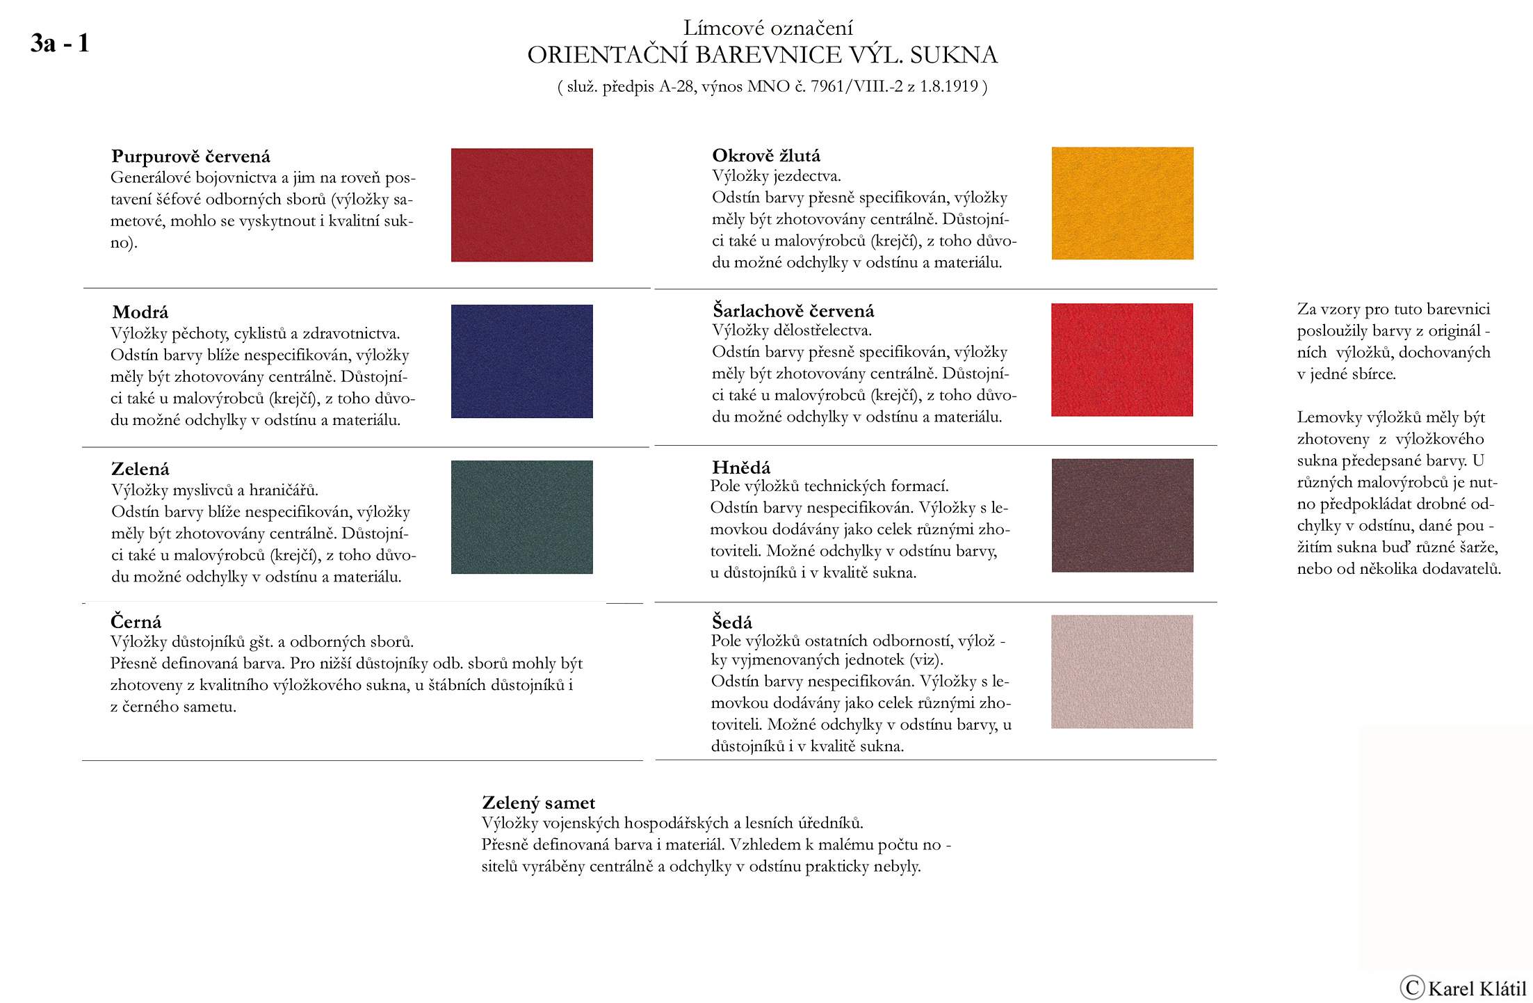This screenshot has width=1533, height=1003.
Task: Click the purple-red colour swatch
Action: coord(521,204)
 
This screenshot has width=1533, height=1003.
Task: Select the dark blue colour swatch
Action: coord(521,361)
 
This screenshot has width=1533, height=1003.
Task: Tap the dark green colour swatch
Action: coord(521,517)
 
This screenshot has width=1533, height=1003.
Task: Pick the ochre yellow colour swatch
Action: coord(1122,203)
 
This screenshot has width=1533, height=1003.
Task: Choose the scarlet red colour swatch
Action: coord(1121,360)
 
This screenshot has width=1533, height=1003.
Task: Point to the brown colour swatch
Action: coord(1122,515)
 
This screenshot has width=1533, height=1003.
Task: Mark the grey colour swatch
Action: coord(1121,671)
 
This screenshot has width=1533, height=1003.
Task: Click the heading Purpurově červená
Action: coord(190,157)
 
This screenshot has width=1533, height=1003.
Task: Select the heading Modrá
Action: coord(140,312)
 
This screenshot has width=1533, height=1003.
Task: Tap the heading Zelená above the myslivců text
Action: coord(140,469)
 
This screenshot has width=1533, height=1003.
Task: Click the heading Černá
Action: coord(136,622)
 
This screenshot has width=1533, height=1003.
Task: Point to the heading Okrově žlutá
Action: coord(766,156)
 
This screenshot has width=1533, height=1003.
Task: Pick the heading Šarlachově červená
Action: coord(793,311)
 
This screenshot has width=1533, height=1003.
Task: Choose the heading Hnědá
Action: coord(741,467)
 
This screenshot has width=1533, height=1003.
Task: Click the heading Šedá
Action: coord(732,622)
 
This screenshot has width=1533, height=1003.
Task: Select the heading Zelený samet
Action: coord(538,803)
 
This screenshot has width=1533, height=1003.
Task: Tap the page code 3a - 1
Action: coord(60,43)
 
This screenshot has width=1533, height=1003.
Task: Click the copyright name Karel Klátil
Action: coord(1477,988)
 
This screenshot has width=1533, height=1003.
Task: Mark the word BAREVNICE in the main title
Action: coord(768,55)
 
